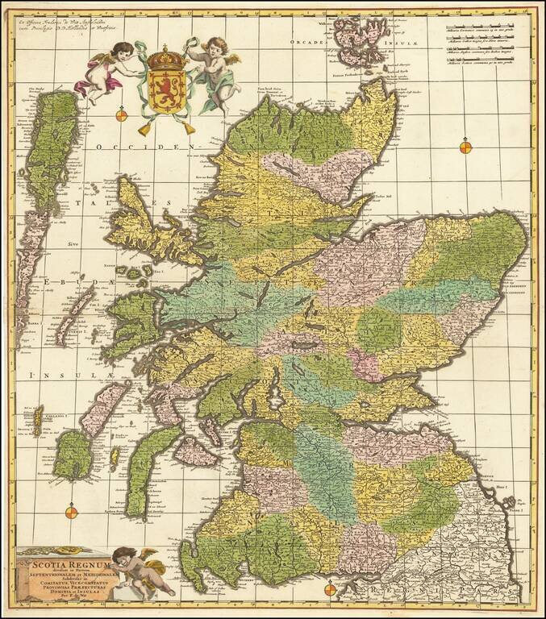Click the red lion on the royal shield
[x=165, y=87]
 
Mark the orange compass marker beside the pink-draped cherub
[x=122, y=115]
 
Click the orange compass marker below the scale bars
[x=465, y=147]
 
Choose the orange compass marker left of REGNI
[x=329, y=590]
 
